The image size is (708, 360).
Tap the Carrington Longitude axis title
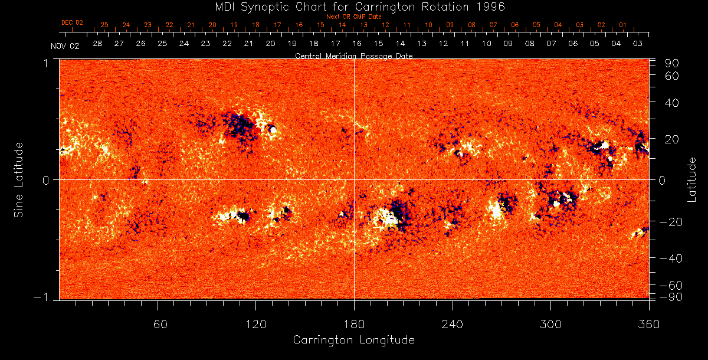click(x=353, y=340)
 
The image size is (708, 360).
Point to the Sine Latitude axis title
click(x=19, y=179)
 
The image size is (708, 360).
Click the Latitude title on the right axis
click(x=692, y=179)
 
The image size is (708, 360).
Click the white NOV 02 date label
click(x=64, y=45)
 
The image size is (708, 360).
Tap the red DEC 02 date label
click(x=72, y=23)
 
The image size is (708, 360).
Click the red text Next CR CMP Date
click(x=354, y=17)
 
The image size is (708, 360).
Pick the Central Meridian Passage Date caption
click(x=353, y=55)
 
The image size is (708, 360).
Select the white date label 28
click(x=97, y=44)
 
